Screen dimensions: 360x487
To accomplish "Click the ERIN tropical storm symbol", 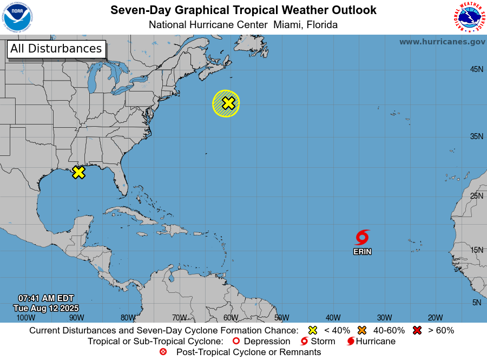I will click(x=362, y=237).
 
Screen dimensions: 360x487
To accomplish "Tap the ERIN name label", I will click(x=362, y=252).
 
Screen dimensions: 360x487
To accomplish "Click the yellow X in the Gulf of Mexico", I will click(x=78, y=173).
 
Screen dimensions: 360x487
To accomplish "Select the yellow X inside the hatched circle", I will click(x=228, y=103).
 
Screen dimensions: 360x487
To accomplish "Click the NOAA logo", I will click(x=17, y=18).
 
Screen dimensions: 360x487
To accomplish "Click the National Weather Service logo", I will click(x=468, y=18).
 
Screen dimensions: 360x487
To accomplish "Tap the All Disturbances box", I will click(x=56, y=49).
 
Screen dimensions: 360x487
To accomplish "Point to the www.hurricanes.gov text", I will click(x=442, y=42).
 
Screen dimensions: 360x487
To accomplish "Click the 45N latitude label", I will click(x=476, y=69).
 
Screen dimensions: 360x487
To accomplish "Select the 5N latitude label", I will click(x=477, y=303).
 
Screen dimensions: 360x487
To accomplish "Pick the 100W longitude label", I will click(x=25, y=318).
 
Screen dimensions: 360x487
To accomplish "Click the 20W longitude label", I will click(x=435, y=318).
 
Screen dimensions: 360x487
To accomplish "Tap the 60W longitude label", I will click(x=231, y=318).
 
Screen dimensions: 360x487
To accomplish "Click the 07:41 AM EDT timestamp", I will click(x=46, y=298).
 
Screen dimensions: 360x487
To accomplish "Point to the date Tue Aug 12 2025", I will click(x=46, y=308).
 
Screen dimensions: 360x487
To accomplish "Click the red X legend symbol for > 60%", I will click(x=417, y=330).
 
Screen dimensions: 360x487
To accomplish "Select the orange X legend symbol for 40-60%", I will click(x=362, y=330).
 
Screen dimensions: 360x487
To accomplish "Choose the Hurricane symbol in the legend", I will click(x=351, y=342).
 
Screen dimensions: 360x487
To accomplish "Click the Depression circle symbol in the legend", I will click(x=236, y=342).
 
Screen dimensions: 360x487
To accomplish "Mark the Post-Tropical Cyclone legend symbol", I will click(x=163, y=352).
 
